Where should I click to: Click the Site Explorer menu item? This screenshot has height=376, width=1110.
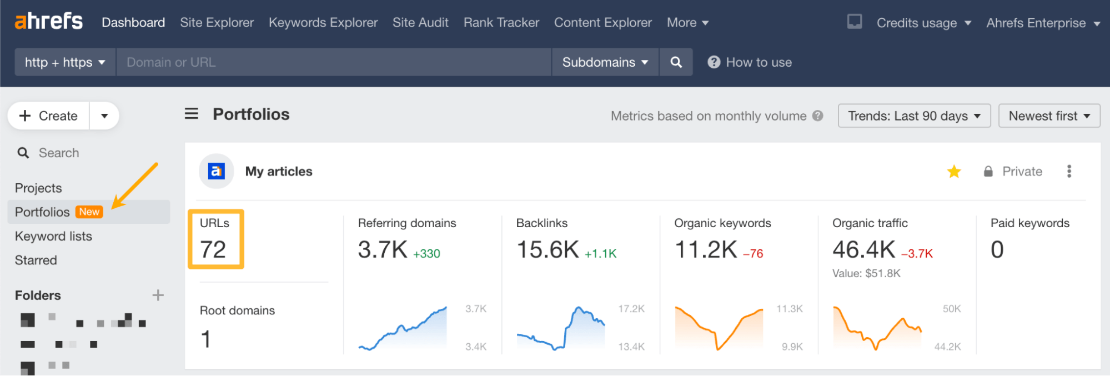pos(217,23)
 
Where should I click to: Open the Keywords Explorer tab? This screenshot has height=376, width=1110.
pos(323,23)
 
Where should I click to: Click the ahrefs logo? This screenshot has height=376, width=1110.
pos(48,22)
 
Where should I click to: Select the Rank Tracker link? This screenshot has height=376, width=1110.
pos(501,23)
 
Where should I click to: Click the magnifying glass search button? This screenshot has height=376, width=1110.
pos(676,62)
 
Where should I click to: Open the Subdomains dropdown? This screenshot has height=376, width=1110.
pos(605,62)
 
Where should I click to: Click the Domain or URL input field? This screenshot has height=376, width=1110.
pos(333,62)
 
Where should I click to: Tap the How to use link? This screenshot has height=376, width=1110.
pos(758,62)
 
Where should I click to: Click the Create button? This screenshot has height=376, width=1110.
pos(49,116)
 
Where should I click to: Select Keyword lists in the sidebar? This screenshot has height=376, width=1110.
pos(53,236)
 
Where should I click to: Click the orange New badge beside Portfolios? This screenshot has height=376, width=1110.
pos(89,212)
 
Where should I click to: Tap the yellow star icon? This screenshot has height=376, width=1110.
pos(954,172)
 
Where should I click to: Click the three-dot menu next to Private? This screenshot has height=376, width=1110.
pos(1069,171)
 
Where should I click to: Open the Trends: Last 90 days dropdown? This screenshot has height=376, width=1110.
pos(913,116)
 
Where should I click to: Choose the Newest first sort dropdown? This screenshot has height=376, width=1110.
pos(1049,116)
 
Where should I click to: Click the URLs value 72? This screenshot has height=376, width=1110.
pos(213,250)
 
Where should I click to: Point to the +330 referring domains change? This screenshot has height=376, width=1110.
pos(426,254)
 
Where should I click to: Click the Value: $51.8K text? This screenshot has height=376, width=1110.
pos(866,273)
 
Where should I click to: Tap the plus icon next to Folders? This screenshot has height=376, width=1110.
pos(158,295)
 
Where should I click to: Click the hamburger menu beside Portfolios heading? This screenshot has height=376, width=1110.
pos(192,114)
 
